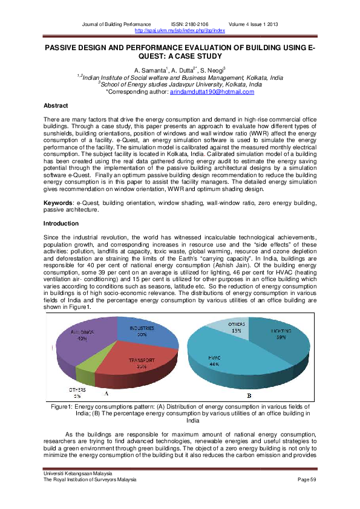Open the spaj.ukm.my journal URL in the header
(x=180, y=30)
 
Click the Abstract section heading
(x=56, y=106)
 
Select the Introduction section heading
(x=61, y=224)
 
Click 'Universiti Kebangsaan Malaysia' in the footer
(x=74, y=473)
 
